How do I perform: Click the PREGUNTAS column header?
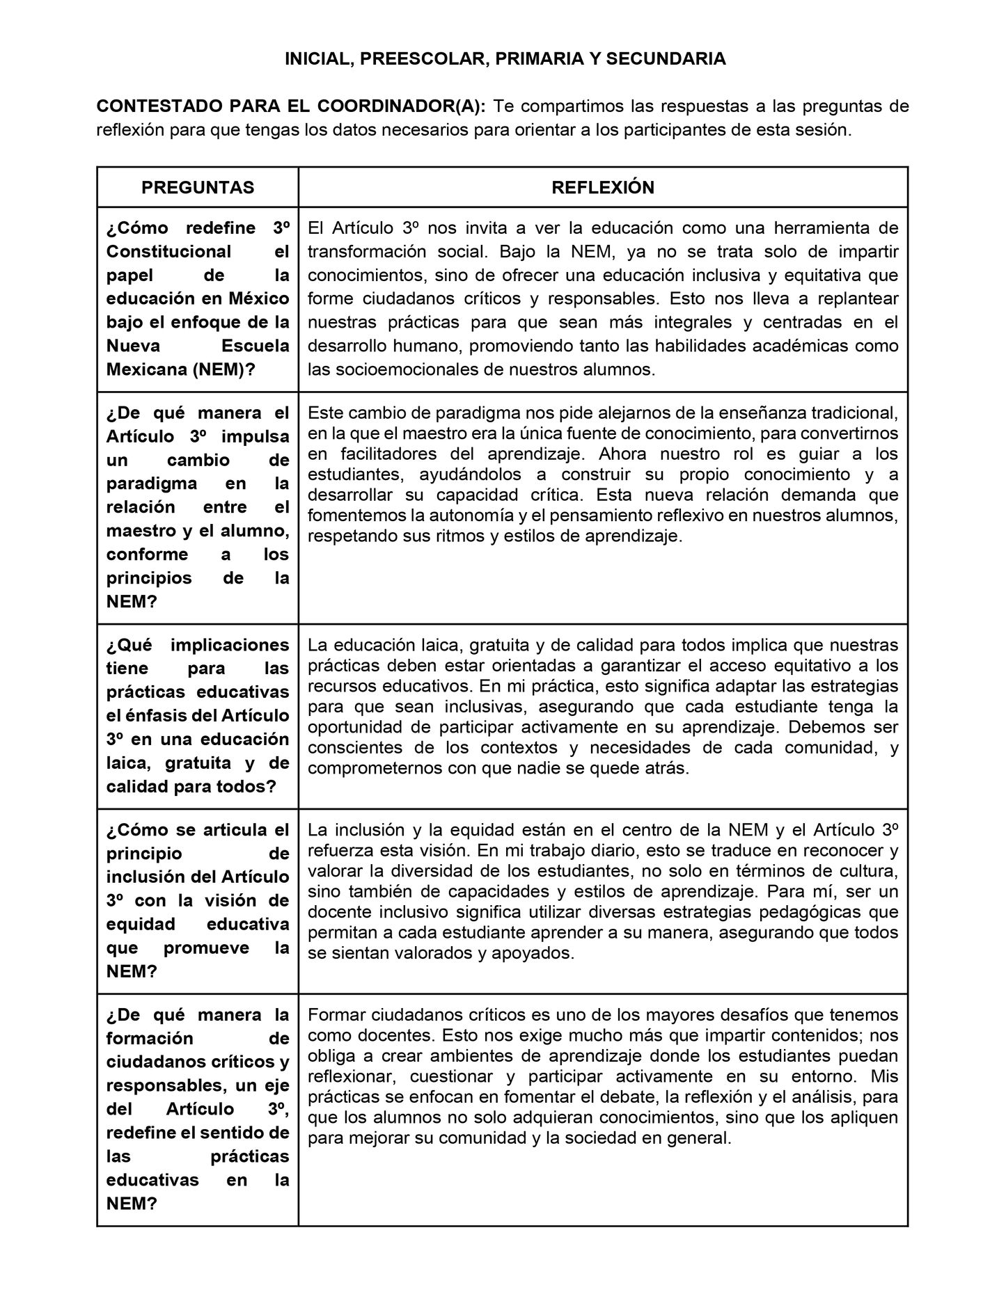(198, 187)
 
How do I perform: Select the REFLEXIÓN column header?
(603, 187)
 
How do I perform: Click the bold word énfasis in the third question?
(147, 715)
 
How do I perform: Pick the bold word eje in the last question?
(276, 1085)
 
